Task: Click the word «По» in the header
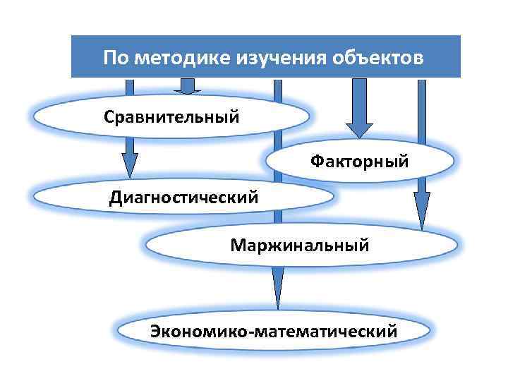tap(115, 56)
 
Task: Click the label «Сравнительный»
tap(172, 115)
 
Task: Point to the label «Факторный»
tap(360, 162)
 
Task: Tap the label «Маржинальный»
tap(299, 246)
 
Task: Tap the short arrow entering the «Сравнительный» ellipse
tap(188, 87)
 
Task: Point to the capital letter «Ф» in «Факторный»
tap(317, 162)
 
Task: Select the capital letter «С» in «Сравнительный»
tap(109, 115)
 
